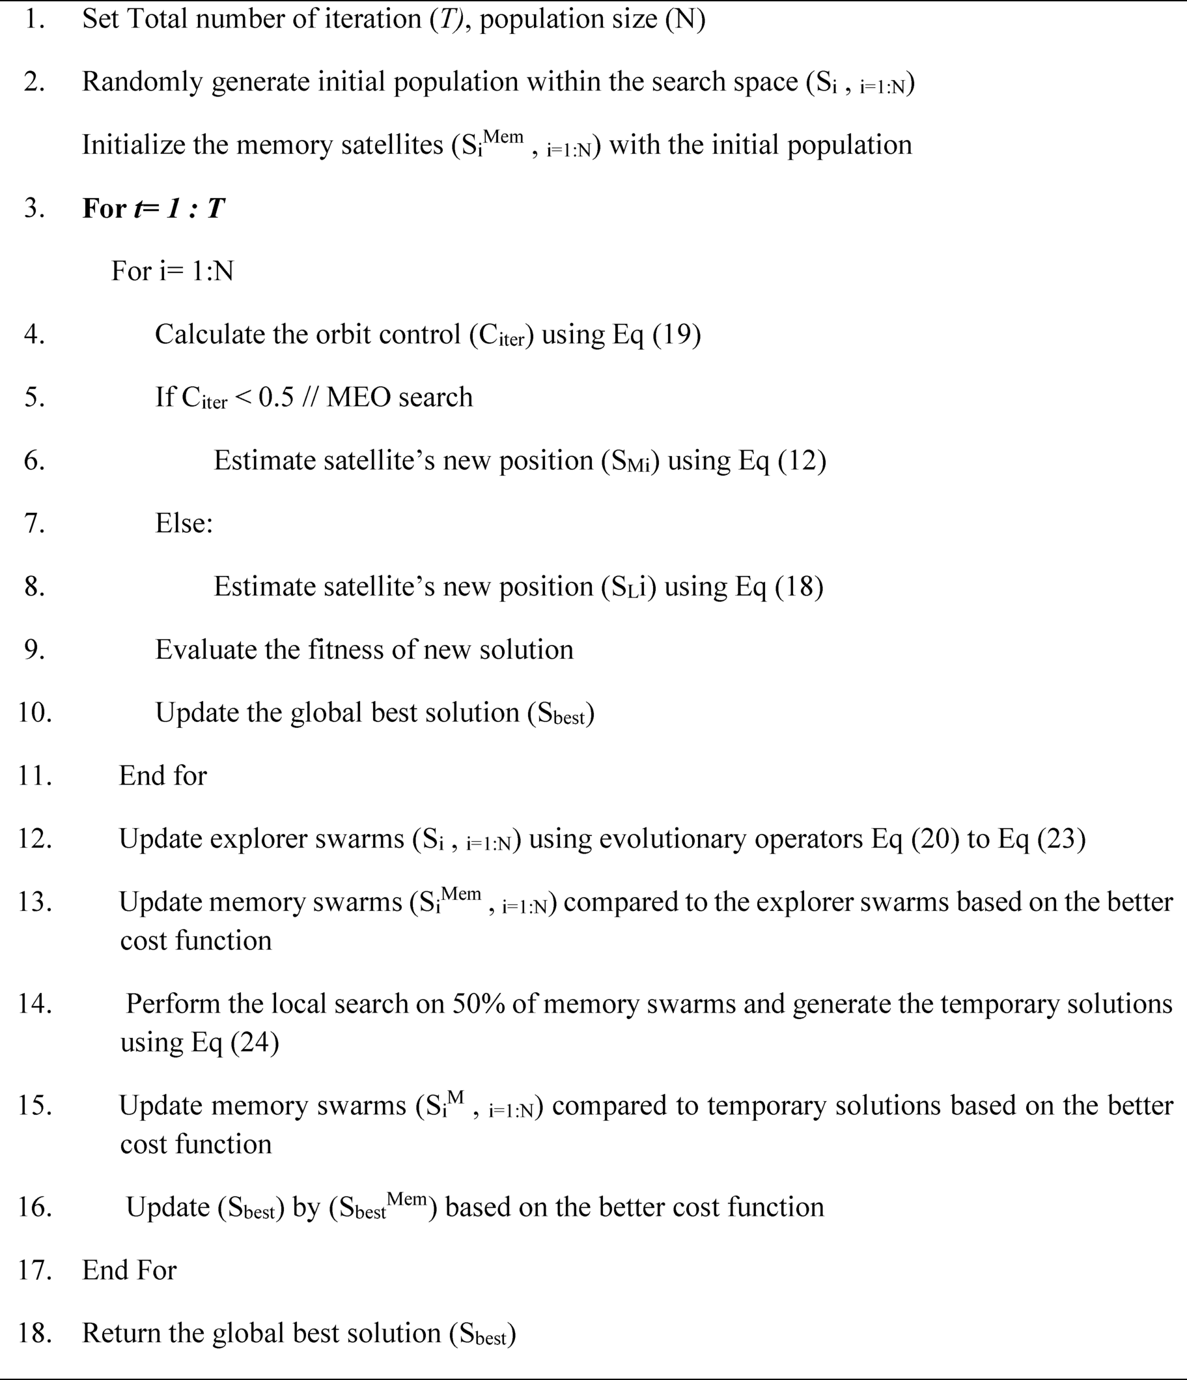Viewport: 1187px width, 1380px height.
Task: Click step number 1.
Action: [33, 20]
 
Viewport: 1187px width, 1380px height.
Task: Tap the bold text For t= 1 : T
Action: [153, 208]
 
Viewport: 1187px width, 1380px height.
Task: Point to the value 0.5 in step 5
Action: [275, 397]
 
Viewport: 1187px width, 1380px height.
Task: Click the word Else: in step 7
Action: [184, 523]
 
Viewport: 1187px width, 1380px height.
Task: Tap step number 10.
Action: [35, 713]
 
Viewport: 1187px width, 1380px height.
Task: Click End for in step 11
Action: [162, 776]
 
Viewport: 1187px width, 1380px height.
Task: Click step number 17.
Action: [35, 1270]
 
